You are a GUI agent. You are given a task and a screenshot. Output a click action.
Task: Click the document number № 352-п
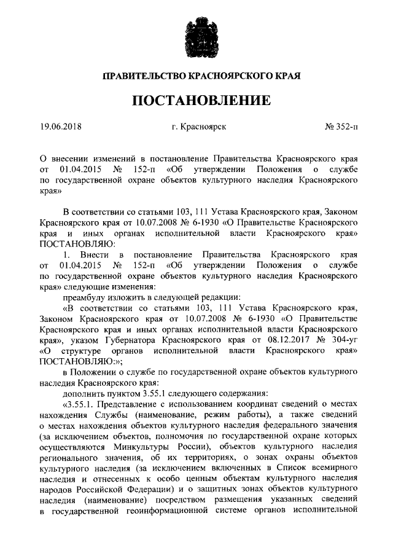click(x=341, y=128)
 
